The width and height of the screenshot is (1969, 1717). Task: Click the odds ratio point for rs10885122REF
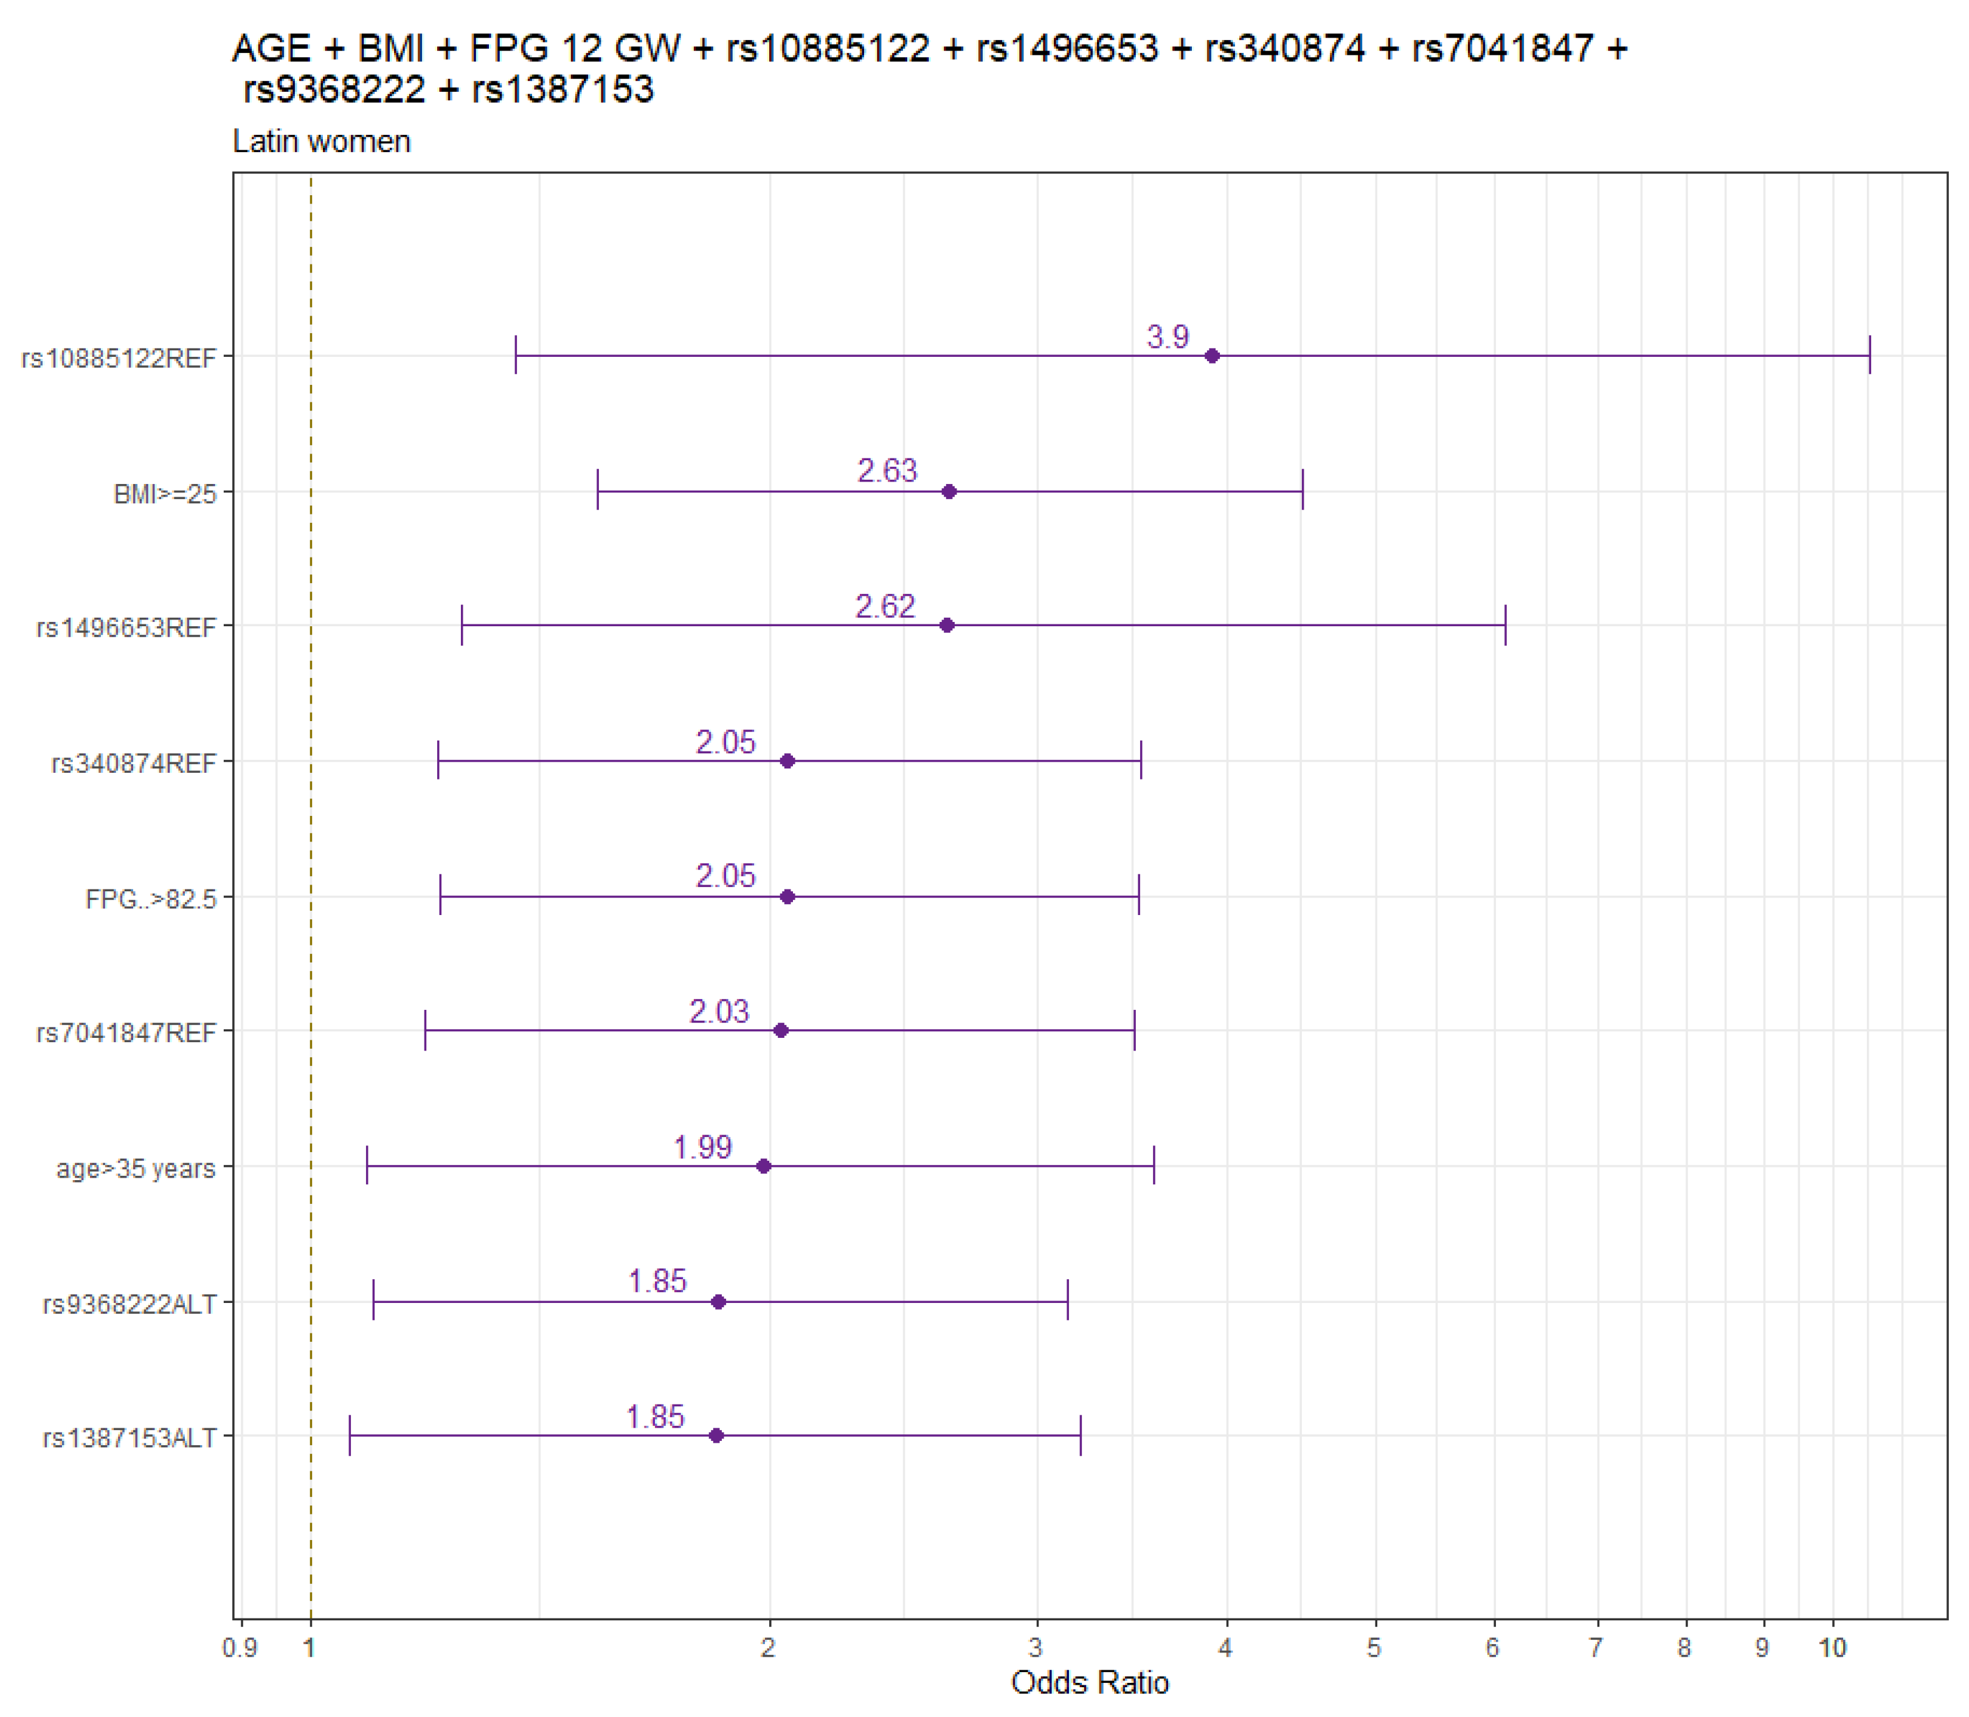click(x=1212, y=356)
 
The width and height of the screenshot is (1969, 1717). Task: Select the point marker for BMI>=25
click(x=949, y=491)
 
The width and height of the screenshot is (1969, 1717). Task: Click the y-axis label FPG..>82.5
click(x=151, y=899)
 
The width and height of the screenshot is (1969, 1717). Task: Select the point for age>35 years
click(x=764, y=1166)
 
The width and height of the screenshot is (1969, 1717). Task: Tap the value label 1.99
click(x=702, y=1147)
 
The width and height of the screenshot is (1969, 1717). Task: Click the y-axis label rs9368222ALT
click(x=130, y=1304)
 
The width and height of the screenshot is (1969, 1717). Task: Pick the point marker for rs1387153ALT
click(x=716, y=1435)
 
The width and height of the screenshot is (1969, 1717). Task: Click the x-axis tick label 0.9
click(x=240, y=1648)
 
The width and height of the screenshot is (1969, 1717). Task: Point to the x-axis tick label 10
click(x=1832, y=1648)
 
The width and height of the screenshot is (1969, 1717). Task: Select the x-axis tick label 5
click(x=1375, y=1648)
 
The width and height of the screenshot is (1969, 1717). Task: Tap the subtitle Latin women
click(x=321, y=141)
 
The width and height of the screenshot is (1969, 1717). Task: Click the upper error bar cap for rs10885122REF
click(x=1869, y=356)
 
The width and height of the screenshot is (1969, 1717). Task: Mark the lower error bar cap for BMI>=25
click(x=598, y=491)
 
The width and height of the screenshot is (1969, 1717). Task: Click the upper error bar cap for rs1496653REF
click(x=1505, y=626)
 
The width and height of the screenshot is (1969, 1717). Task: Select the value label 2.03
click(x=719, y=1011)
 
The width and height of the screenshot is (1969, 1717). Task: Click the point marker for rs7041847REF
click(x=781, y=1030)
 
